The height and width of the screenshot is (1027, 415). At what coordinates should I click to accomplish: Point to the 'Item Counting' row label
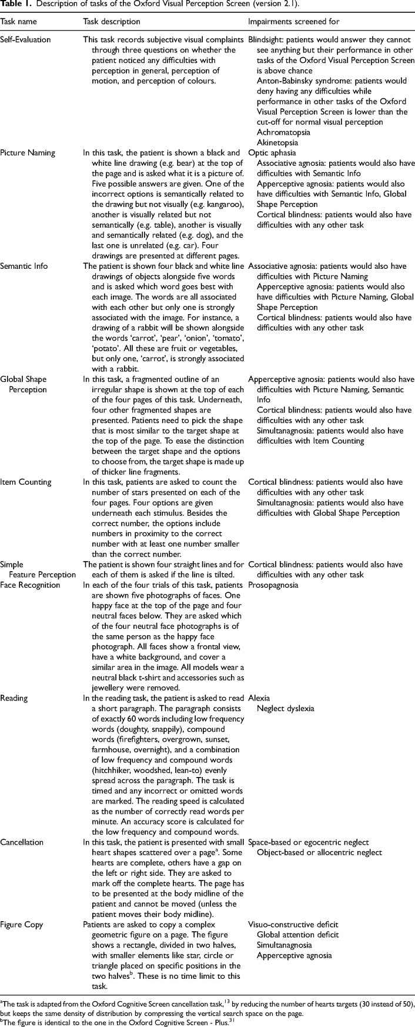[x=26, y=482]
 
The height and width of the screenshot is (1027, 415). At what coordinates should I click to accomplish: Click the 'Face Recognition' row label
[x=30, y=585]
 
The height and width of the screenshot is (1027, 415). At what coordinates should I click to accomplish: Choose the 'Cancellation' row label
[x=22, y=842]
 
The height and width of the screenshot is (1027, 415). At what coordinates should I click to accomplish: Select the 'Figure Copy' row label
[x=22, y=925]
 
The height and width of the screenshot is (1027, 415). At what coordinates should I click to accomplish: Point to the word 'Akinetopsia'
[x=276, y=143]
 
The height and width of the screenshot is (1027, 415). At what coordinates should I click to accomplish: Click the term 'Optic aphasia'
[x=271, y=154]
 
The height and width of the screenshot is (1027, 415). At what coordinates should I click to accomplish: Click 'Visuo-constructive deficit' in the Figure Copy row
[x=294, y=925]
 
